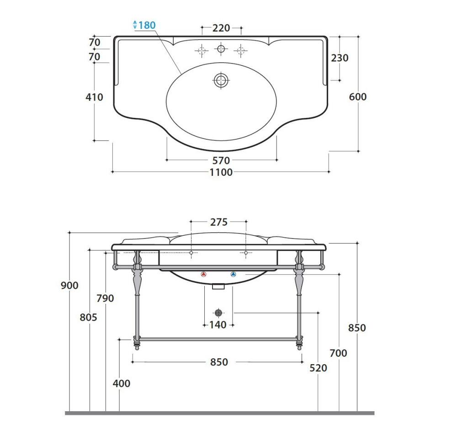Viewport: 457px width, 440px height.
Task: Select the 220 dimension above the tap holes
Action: pyautogui.click(x=221, y=28)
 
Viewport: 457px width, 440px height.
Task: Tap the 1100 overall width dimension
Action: pyautogui.click(x=221, y=172)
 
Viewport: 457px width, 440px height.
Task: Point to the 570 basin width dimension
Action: pyautogui.click(x=221, y=160)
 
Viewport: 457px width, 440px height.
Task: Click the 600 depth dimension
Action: pyautogui.click(x=358, y=96)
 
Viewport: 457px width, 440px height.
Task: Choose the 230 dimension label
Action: pyautogui.click(x=340, y=58)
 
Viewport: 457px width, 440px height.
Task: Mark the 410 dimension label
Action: pyautogui.click(x=94, y=97)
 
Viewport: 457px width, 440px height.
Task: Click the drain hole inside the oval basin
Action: pyautogui.click(x=222, y=80)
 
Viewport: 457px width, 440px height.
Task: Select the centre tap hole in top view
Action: pyautogui.click(x=221, y=49)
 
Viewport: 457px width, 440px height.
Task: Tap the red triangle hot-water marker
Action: pyautogui.click(x=203, y=274)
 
